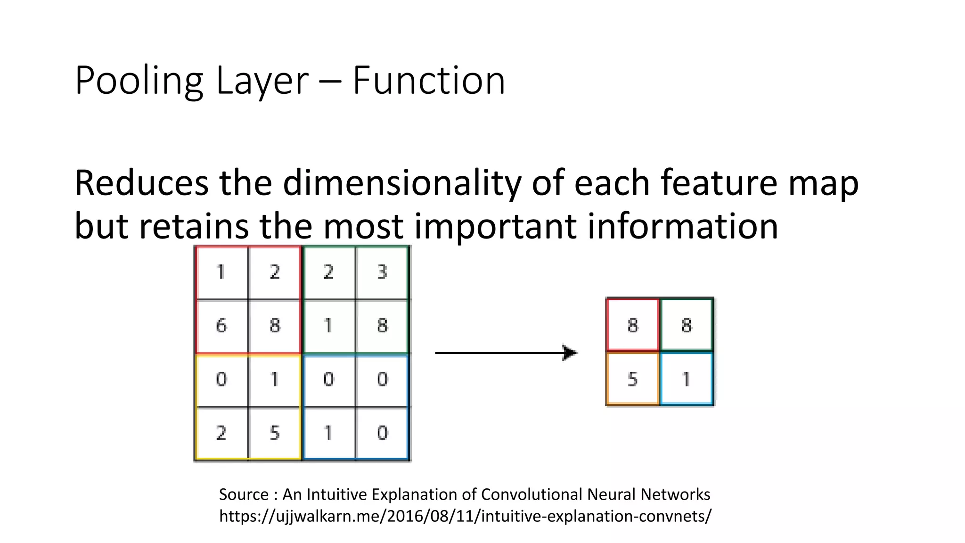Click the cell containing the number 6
[221, 326]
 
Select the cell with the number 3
[382, 272]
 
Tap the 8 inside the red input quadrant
[275, 326]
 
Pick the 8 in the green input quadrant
[382, 326]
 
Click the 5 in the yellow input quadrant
[275, 433]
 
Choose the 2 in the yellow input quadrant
[221, 433]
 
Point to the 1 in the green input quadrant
[328, 326]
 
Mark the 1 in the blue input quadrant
[328, 433]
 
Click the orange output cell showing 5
[632, 379]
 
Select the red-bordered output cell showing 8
[632, 325]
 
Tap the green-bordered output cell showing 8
[687, 325]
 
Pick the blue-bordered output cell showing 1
[687, 379]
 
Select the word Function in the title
[429, 81]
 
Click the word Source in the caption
[244, 494]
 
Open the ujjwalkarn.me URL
[465, 516]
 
